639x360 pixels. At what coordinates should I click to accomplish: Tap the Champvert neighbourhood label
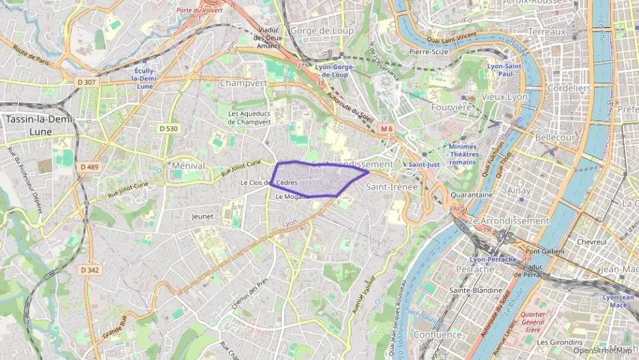[x=244, y=83]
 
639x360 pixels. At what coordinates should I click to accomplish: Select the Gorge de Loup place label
[x=322, y=31]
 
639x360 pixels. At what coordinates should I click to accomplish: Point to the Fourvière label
[x=452, y=107]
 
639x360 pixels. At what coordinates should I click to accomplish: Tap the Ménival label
[x=189, y=165]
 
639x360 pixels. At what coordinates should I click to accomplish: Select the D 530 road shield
[x=169, y=128]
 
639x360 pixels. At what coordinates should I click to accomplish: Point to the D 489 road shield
[x=89, y=167]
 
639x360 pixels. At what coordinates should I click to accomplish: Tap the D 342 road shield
[x=89, y=270]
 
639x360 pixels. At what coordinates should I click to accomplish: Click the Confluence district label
[x=438, y=335]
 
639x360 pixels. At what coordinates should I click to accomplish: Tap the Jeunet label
[x=203, y=217]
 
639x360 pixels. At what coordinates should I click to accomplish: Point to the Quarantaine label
[x=472, y=195]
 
